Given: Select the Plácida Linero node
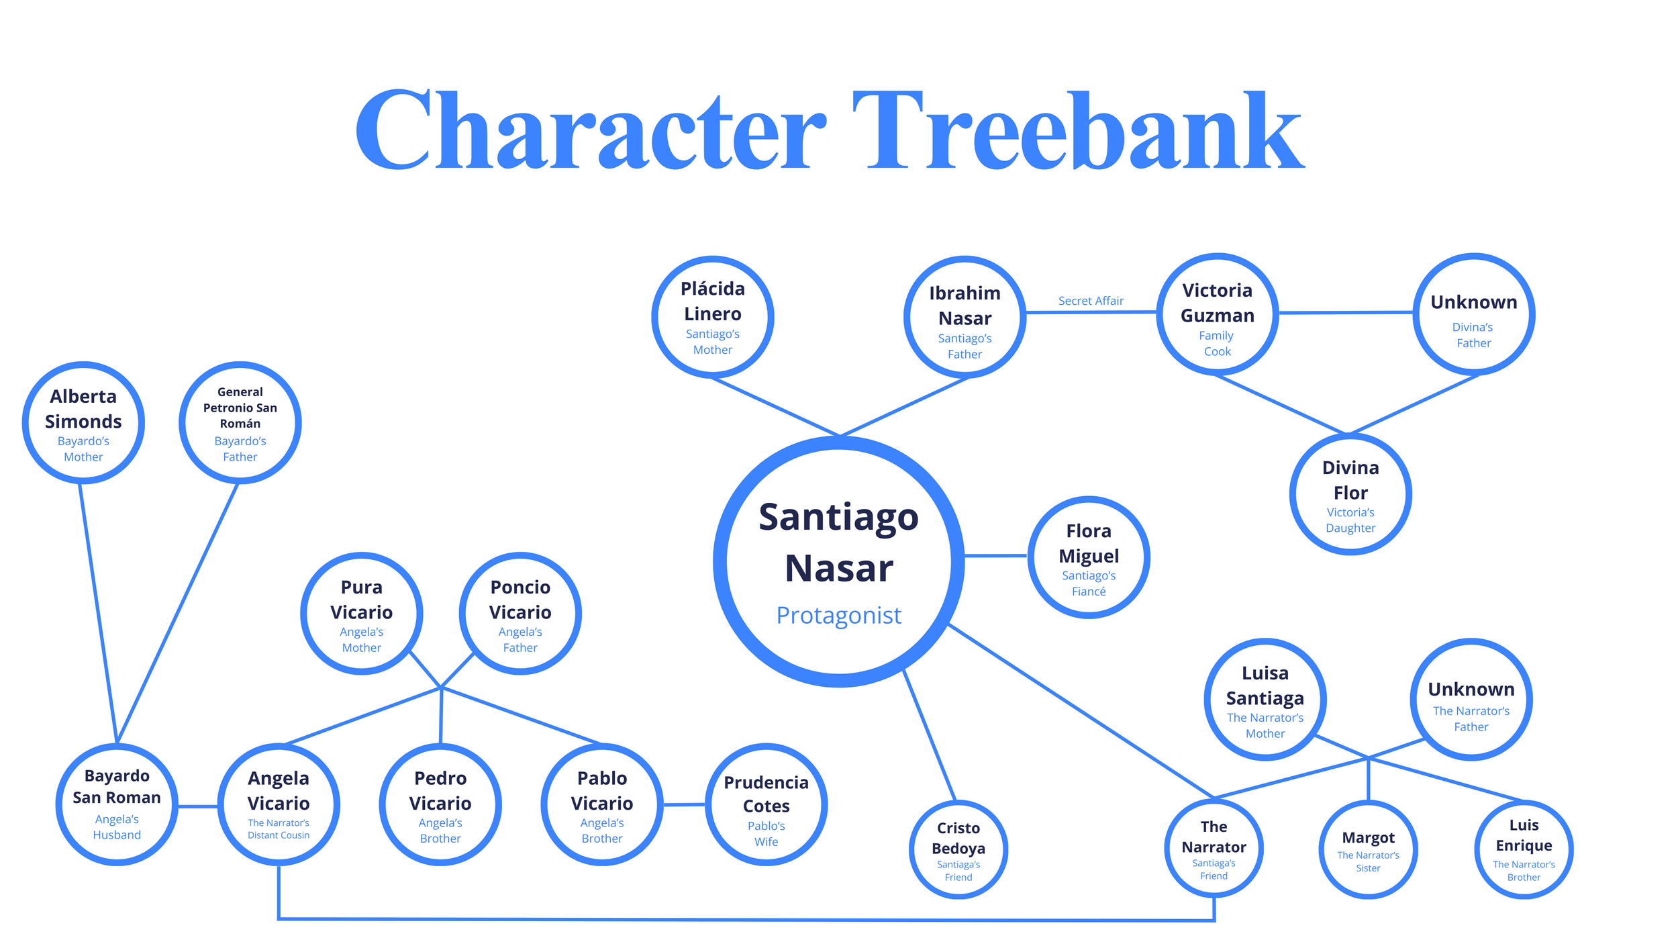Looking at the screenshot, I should coord(712,316).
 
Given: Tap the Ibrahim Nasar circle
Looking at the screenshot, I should coord(965,317).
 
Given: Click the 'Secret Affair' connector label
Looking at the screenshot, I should coord(1091,301).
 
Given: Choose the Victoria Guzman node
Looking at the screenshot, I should coord(1217,314).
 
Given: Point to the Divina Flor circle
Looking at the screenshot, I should coord(1350,494).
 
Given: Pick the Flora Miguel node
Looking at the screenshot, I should coord(1088,557).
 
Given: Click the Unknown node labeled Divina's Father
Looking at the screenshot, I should coord(1473,314).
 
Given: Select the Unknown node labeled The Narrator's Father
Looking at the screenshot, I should coord(1471,700).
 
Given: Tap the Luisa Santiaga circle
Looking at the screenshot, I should coord(1265,700).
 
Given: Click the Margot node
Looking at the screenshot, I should coord(1368,849).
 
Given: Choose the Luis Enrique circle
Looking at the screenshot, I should coord(1524,849).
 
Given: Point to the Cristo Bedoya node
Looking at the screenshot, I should coord(958,849).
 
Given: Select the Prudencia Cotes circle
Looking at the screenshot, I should coord(766,804).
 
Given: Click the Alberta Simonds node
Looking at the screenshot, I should coord(83,423).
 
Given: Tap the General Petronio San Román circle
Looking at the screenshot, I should coord(240,423).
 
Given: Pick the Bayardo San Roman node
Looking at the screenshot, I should coord(117,804).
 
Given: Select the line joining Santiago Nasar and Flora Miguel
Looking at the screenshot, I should coord(995,556).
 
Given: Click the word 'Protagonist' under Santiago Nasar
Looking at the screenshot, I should coord(838,615).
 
